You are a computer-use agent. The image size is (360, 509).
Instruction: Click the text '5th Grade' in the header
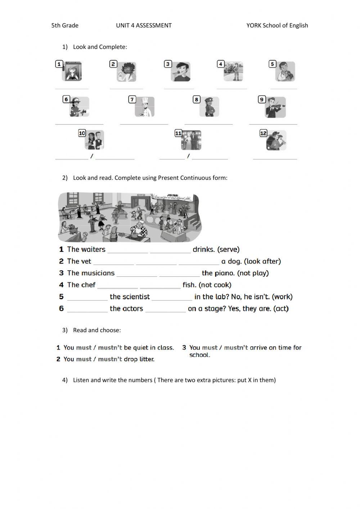point(65,25)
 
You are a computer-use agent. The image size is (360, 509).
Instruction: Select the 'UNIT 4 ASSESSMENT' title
point(144,25)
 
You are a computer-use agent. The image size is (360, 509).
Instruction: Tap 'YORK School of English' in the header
point(277,25)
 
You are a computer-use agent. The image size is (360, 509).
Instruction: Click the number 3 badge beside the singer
point(168,64)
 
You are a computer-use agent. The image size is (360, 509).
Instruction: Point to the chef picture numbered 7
point(145,107)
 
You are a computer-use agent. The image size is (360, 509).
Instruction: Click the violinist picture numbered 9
point(276,107)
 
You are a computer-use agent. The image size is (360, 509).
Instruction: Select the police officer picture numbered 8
point(209,107)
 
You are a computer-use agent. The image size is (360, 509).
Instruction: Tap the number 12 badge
point(263,133)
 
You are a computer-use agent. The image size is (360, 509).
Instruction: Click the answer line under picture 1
point(72,88)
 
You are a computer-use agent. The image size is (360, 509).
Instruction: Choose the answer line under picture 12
point(275,158)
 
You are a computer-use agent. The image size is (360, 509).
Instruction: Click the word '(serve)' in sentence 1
point(228,249)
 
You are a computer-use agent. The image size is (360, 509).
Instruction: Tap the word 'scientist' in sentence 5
point(130,297)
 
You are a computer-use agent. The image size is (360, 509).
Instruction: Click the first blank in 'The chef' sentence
point(117,287)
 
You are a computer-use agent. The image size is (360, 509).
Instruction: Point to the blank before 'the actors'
point(87,311)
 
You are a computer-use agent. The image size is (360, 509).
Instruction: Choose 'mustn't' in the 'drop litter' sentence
point(110,359)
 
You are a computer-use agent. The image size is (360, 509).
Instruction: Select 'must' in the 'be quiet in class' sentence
point(84,348)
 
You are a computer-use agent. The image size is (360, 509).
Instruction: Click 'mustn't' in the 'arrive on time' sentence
point(236,348)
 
